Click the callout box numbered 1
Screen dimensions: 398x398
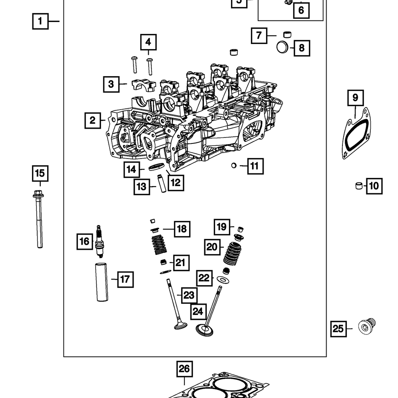click(40, 21)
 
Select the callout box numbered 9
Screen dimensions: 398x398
click(355, 97)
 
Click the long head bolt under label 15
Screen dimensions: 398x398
click(39, 220)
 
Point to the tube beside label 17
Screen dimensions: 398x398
click(102, 282)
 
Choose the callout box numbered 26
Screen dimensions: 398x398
click(184, 369)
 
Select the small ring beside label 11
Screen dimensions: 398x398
click(234, 165)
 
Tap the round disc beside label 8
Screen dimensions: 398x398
click(282, 47)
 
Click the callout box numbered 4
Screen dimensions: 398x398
click(148, 42)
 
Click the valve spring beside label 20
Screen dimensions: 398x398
click(231, 254)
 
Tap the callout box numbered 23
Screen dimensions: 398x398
click(189, 295)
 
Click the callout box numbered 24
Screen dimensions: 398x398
click(198, 311)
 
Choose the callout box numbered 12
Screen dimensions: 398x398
click(176, 182)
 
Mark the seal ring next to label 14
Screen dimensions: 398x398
click(156, 167)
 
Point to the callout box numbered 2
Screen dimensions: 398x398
click(93, 120)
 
